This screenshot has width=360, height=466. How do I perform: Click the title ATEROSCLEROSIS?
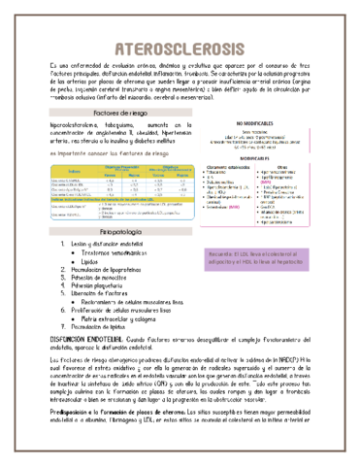coord(180,49)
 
